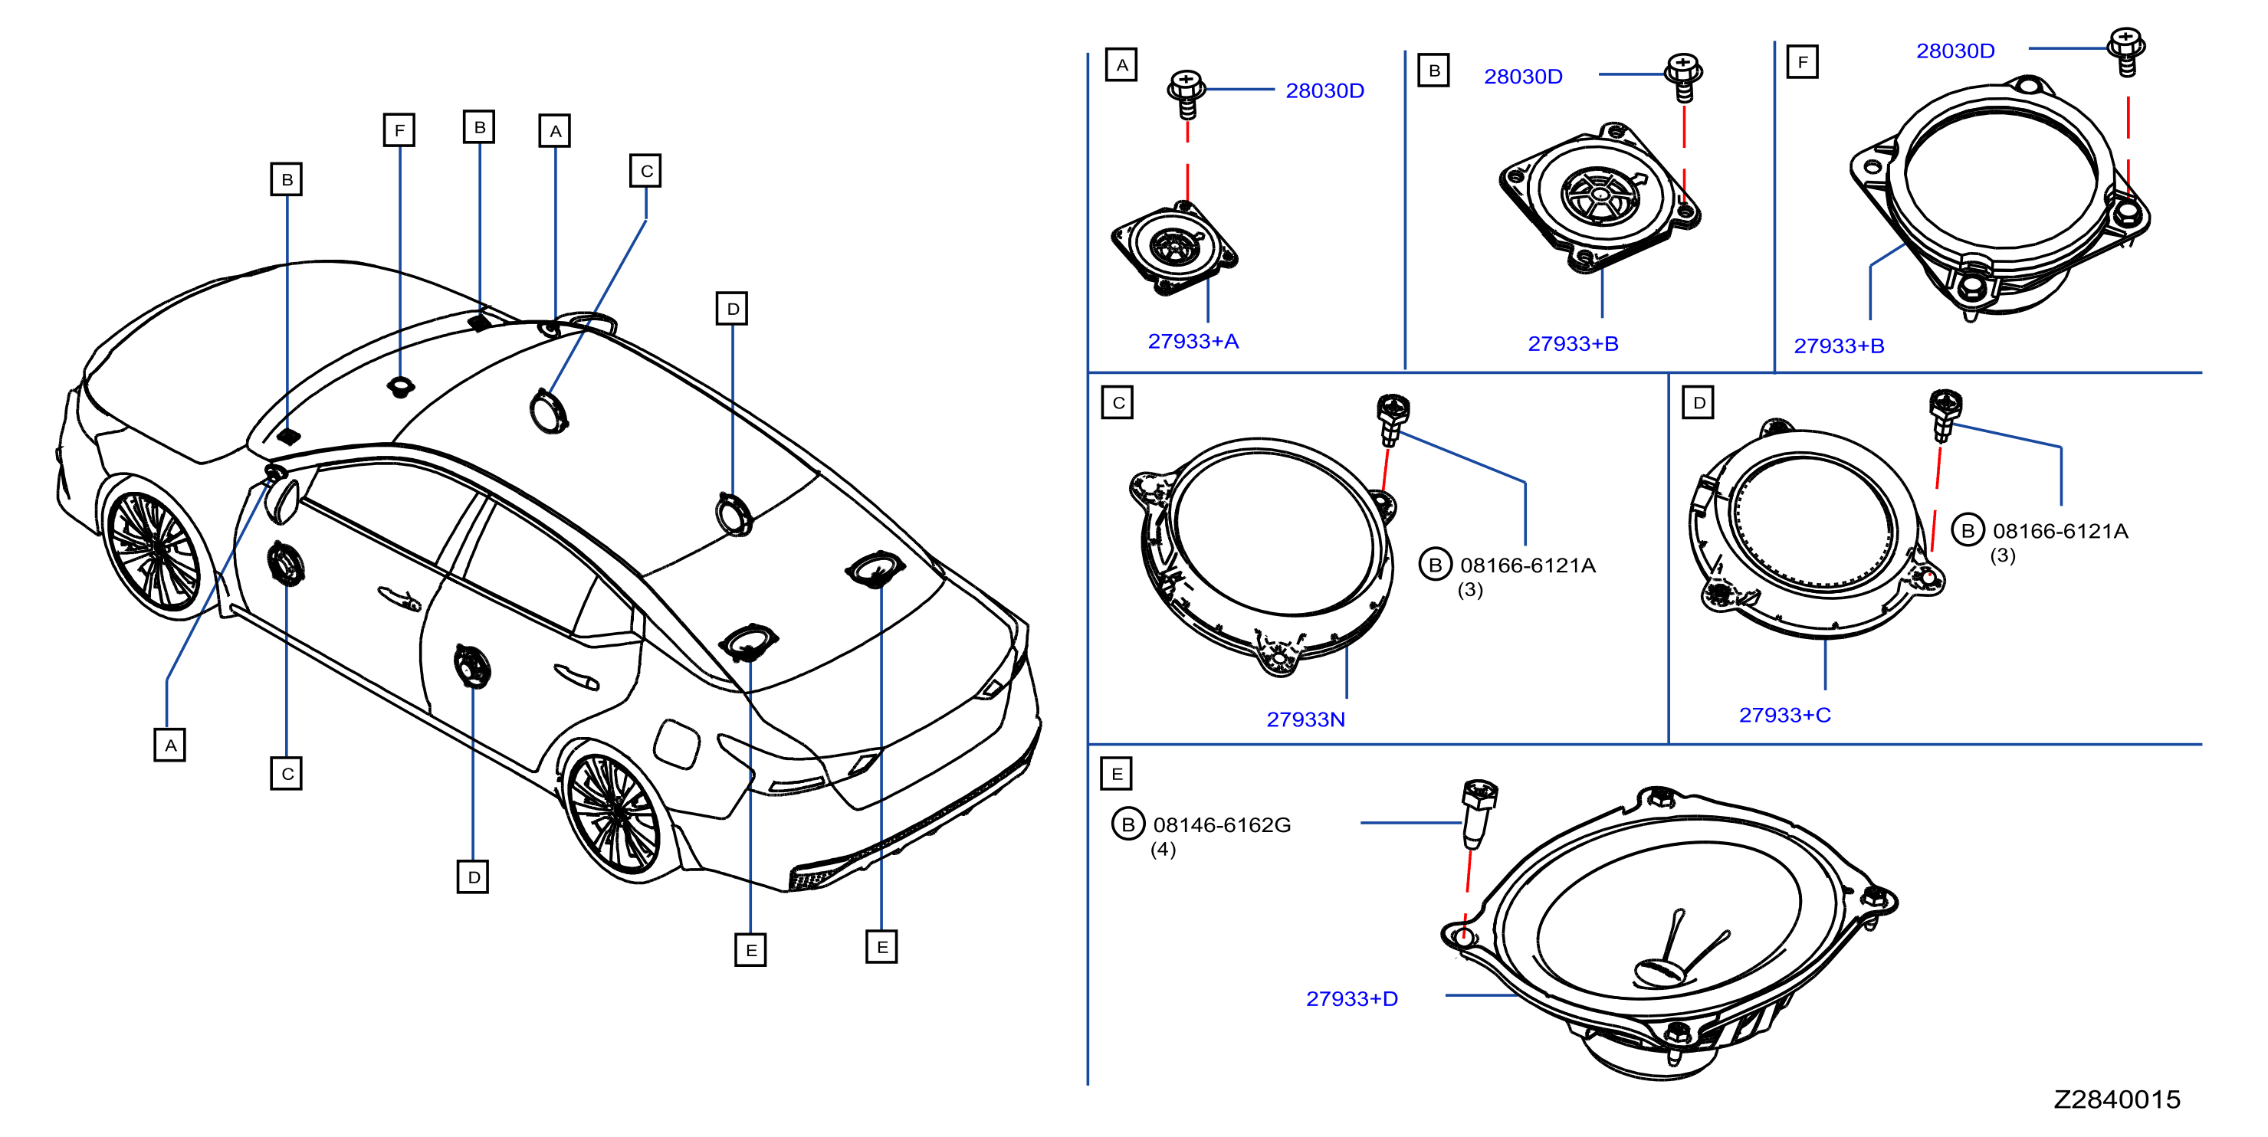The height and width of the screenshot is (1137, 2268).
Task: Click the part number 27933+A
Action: click(x=1193, y=341)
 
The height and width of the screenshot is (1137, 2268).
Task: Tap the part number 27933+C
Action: click(x=1784, y=715)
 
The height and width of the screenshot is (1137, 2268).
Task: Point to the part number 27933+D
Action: click(x=1351, y=998)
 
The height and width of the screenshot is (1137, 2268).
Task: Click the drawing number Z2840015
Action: click(x=2116, y=1099)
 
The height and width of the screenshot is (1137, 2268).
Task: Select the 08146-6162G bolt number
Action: click(x=1222, y=824)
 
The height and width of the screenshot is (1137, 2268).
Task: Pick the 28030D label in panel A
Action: click(x=1325, y=90)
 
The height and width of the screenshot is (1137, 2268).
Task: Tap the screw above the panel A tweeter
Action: click(x=1186, y=94)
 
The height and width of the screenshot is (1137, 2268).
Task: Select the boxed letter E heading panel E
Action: click(x=1117, y=774)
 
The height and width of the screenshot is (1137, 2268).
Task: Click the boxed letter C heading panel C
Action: click(x=1118, y=402)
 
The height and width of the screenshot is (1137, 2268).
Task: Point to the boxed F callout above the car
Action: click(x=400, y=130)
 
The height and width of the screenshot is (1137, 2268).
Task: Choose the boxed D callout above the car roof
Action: click(x=733, y=309)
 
